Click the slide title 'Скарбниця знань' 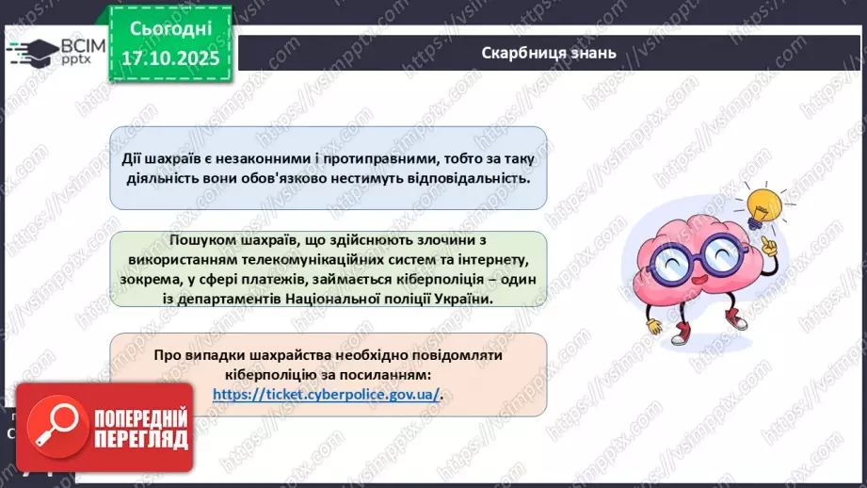tap(548, 53)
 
